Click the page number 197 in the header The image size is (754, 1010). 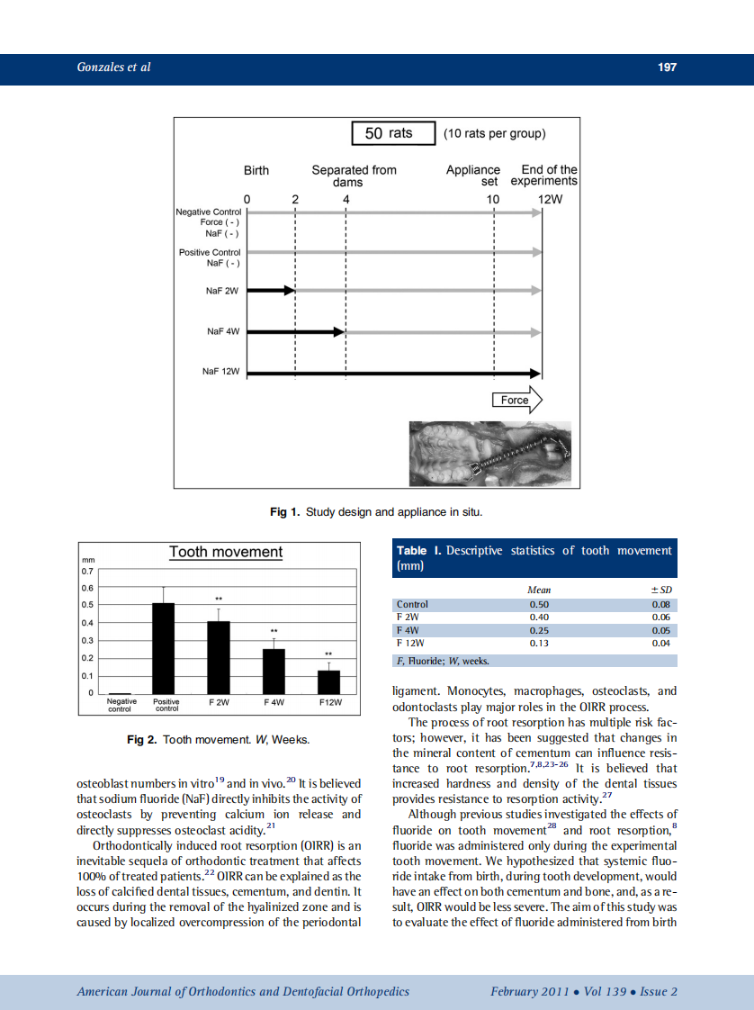coord(667,68)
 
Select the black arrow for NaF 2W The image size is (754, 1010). coord(271,291)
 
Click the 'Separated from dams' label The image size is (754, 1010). coord(354,176)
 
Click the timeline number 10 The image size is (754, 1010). coord(492,199)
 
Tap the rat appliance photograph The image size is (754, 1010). coord(490,455)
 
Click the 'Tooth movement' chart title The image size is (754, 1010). coord(226,552)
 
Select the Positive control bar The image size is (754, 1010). coord(163,648)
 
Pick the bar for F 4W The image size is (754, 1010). coord(274,671)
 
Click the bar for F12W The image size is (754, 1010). coord(328,681)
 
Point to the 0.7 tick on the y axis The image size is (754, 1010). coord(87,571)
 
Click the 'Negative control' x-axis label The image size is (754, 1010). coord(121,704)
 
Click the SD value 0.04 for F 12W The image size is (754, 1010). coord(660,644)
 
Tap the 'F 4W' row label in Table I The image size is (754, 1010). coord(409,630)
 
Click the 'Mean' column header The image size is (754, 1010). coord(538,590)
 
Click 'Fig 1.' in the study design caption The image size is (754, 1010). coord(284,512)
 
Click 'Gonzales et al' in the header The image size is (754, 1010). coord(113,68)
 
